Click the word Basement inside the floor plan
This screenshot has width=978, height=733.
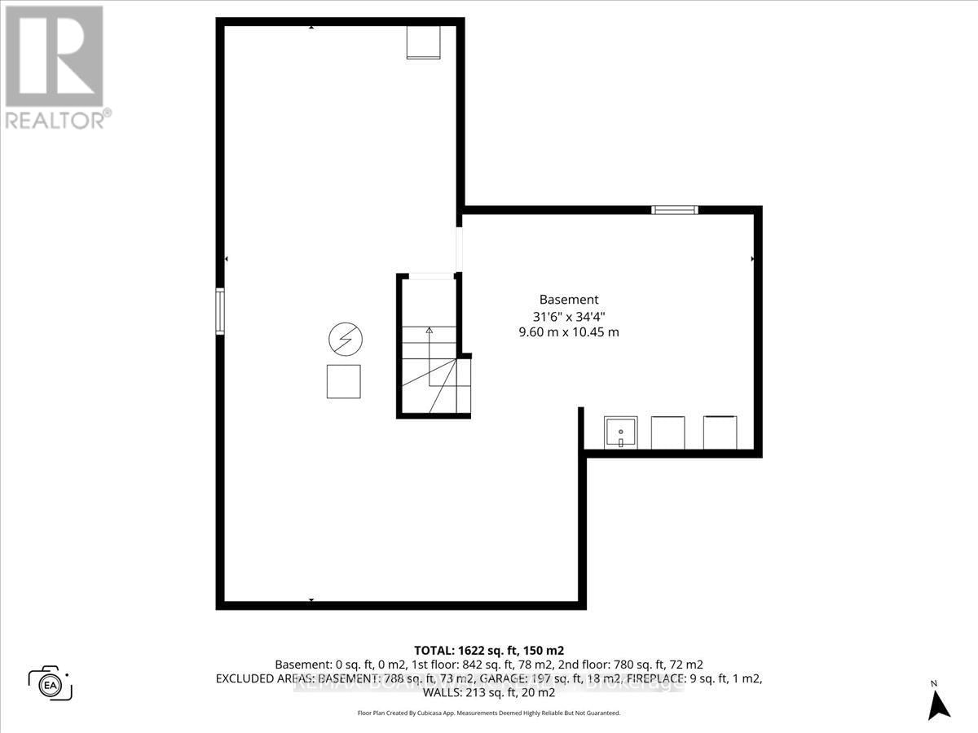[x=569, y=300]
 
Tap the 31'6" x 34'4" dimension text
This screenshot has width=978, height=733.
[x=569, y=316]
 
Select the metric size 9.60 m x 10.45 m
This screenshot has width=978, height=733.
[x=569, y=332]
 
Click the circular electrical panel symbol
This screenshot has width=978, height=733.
[x=345, y=338]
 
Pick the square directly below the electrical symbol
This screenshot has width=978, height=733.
[x=343, y=381]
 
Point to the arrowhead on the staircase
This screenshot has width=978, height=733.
[x=429, y=330]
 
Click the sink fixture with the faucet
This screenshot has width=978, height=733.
[x=620, y=432]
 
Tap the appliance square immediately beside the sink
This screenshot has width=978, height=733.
[x=668, y=432]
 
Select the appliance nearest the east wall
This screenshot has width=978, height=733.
[x=720, y=432]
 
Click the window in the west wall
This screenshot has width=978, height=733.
[x=220, y=310]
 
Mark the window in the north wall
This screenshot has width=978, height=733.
[x=675, y=210]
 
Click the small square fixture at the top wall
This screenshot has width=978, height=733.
[x=423, y=42]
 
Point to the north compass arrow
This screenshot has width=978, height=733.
[x=940, y=702]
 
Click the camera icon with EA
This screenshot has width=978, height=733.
[x=51, y=683]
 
